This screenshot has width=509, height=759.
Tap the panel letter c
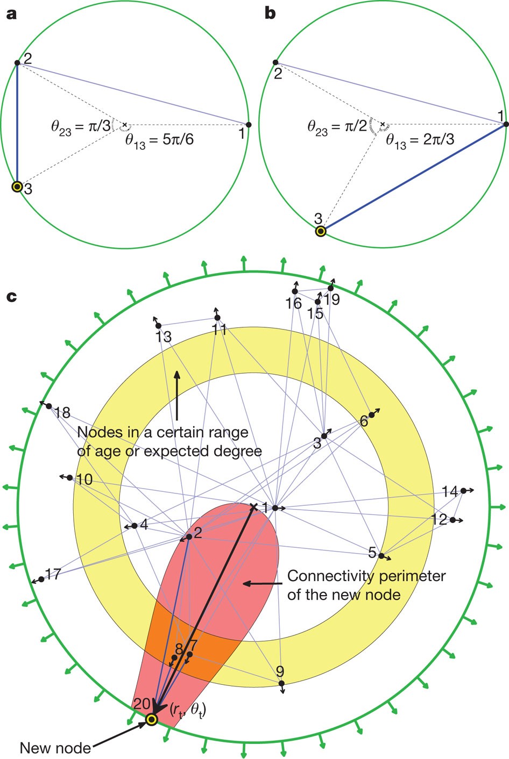(11, 296)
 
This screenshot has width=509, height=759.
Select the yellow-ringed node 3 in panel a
(17, 187)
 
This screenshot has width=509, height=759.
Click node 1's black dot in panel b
(506, 125)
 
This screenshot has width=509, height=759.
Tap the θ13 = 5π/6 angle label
(159, 141)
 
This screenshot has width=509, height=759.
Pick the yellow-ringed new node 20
(152, 719)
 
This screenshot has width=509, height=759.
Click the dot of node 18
(48, 406)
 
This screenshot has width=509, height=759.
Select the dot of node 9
(281, 683)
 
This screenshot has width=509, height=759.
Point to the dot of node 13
(158, 326)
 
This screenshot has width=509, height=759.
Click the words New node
(55, 748)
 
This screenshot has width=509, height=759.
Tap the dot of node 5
(381, 555)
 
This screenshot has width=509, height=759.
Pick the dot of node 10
(70, 477)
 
